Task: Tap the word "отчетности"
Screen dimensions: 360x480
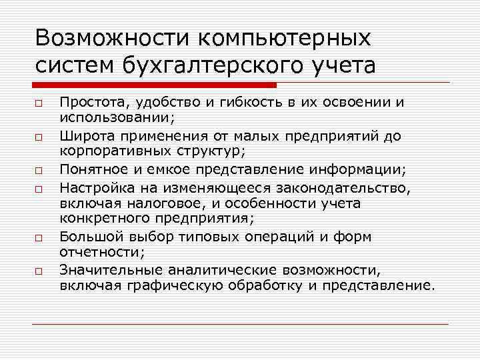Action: tap(97, 252)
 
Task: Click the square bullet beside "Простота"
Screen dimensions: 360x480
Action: tap(39, 104)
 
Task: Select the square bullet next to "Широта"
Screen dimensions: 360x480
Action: tap(39, 138)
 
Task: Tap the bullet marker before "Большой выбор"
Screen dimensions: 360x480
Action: tap(39, 238)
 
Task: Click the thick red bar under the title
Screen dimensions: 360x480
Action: tap(154, 85)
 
